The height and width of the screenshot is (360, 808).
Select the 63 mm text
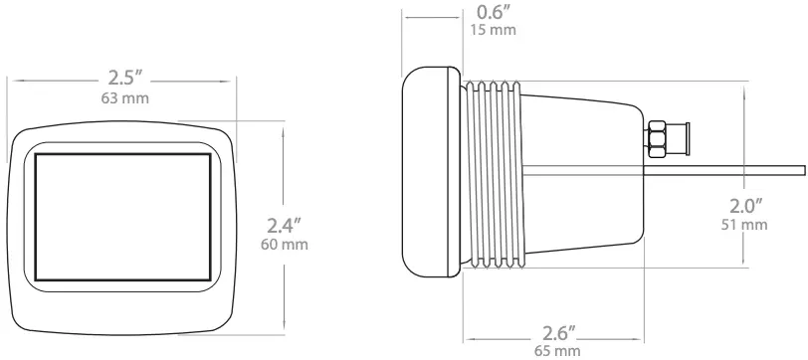(123, 99)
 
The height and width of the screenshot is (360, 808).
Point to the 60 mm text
(284, 244)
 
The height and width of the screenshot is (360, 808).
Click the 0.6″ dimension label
(491, 13)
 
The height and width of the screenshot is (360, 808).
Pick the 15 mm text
(491, 31)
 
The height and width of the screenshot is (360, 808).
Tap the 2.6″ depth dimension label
(556, 330)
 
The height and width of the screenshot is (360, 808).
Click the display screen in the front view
(123, 217)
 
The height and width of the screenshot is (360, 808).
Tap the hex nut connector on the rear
(658, 138)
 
